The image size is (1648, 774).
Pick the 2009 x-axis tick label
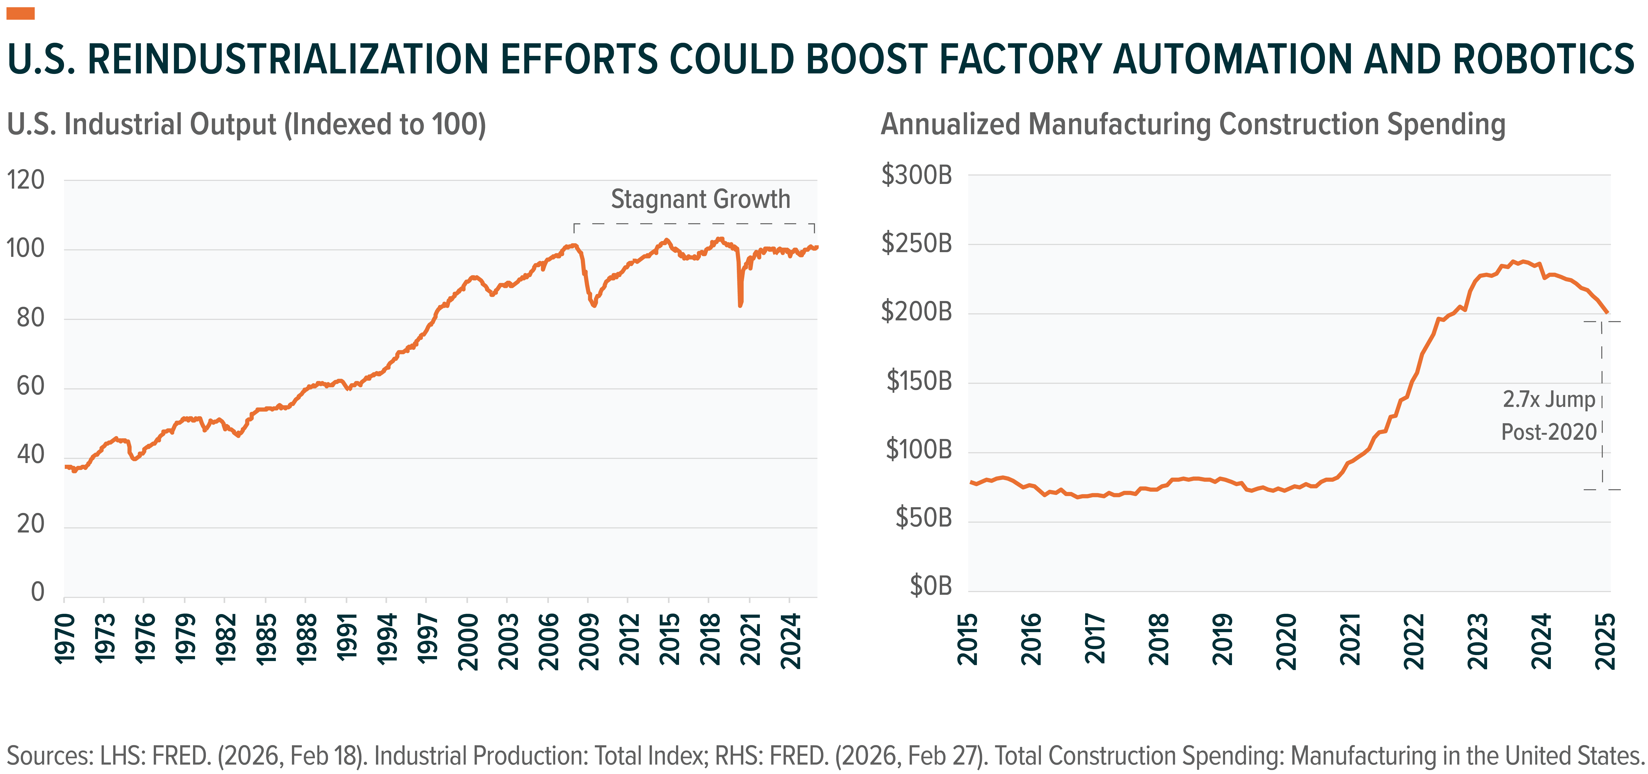(x=589, y=641)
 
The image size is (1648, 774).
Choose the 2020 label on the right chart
(x=1287, y=641)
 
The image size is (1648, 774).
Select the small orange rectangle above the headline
(x=21, y=13)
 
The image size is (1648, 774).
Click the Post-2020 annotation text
(x=1549, y=432)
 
